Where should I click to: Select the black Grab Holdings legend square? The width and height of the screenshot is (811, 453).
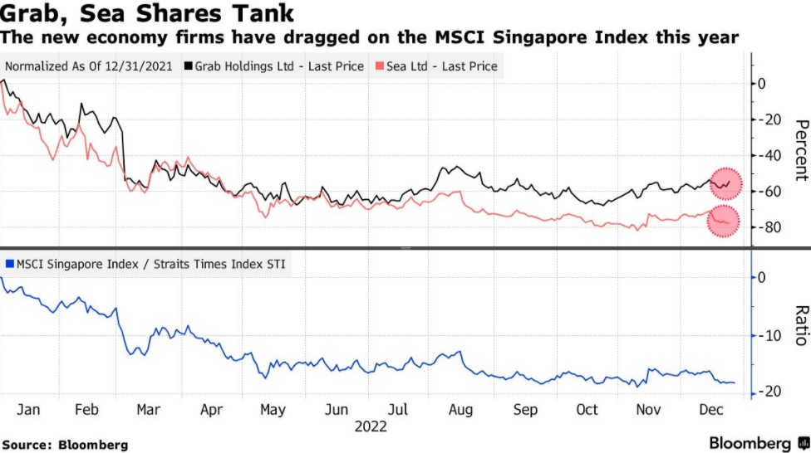[x=189, y=66]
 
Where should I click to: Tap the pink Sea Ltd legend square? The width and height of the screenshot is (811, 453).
[x=381, y=66]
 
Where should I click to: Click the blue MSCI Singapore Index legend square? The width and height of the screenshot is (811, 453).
[x=10, y=264]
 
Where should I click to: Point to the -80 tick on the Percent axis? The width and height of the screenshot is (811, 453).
[x=772, y=227]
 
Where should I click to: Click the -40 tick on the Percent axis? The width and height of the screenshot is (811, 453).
[x=772, y=155]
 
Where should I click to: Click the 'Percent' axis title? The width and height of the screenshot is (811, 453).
[x=801, y=149]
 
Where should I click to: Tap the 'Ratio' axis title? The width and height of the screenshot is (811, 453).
[x=801, y=325]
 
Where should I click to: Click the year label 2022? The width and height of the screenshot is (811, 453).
[x=371, y=426]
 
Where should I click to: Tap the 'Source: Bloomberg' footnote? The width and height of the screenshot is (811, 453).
[x=65, y=446]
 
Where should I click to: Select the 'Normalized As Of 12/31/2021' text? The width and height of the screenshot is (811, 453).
[x=89, y=66]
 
